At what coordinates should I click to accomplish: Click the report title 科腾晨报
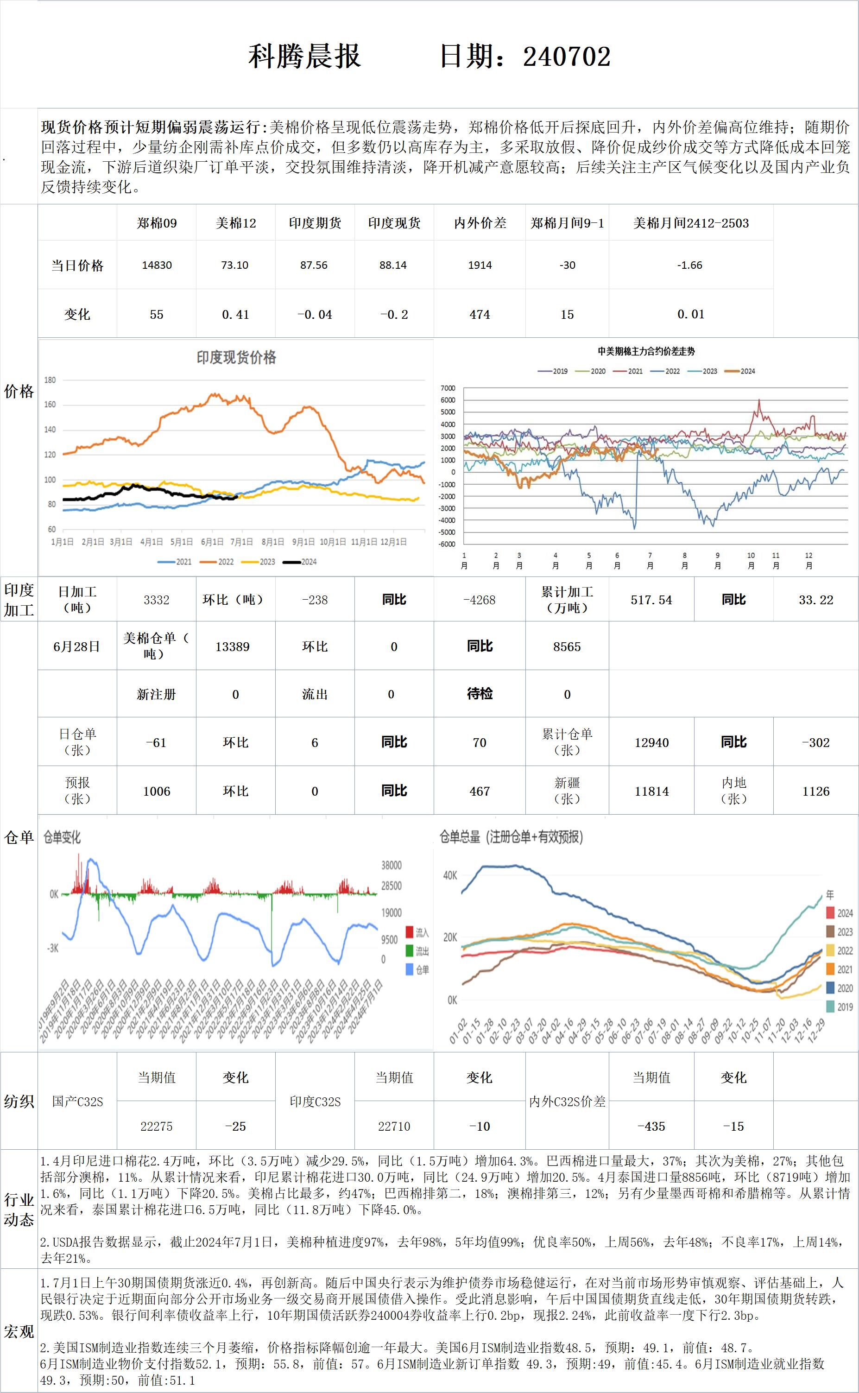pyautogui.click(x=304, y=56)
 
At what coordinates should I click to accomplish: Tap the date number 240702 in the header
pyautogui.click(x=567, y=56)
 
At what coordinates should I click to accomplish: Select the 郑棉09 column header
pyautogui.click(x=156, y=223)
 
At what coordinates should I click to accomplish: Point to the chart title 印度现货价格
pyautogui.click(x=236, y=357)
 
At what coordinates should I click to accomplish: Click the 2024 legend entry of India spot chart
pyautogui.click(x=301, y=562)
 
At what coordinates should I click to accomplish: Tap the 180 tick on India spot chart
pyautogui.click(x=50, y=380)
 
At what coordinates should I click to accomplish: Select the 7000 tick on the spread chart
pyautogui.click(x=448, y=388)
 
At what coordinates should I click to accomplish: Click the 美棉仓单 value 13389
pyautogui.click(x=233, y=646)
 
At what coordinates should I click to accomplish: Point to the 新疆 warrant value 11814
pyautogui.click(x=651, y=791)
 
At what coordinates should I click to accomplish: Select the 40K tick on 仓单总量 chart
pyautogui.click(x=450, y=875)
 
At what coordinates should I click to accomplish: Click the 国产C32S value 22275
pyautogui.click(x=156, y=1126)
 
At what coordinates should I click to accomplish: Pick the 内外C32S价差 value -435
pyautogui.click(x=651, y=1126)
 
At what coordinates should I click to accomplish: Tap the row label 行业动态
pyautogui.click(x=19, y=1210)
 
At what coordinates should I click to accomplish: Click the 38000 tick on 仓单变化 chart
pyautogui.click(x=392, y=865)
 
